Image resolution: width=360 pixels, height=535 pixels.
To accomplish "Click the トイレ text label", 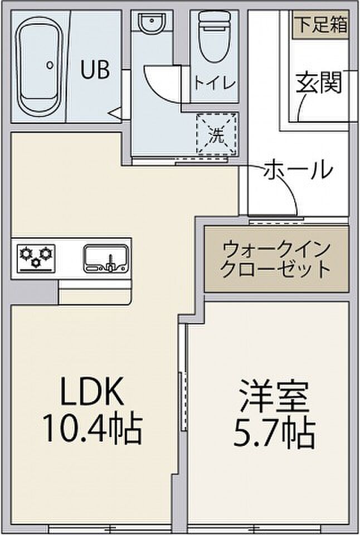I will [x=214, y=84].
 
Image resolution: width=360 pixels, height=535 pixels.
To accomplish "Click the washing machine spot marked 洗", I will [x=217, y=134].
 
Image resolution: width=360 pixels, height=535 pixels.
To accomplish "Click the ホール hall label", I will [x=298, y=169].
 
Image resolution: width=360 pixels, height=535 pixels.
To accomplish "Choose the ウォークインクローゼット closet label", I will [x=276, y=259].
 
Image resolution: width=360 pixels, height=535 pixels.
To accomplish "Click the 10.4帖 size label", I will [x=93, y=429].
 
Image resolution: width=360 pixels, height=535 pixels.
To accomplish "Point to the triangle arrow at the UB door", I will [x=115, y=114].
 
